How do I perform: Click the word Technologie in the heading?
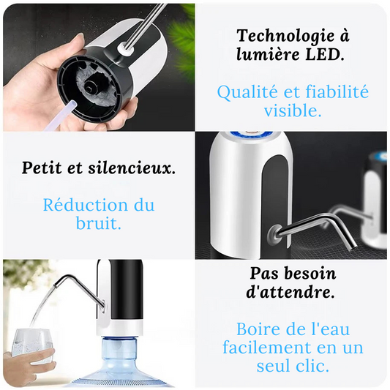pyautogui.click(x=285, y=37)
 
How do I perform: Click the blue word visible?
pyautogui.click(x=293, y=110)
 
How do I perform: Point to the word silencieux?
pyautogui.click(x=132, y=168)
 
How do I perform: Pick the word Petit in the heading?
pyautogui.click(x=42, y=168)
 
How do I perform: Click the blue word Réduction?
pyautogui.click(x=86, y=205)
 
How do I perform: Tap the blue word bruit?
pyautogui.click(x=99, y=223)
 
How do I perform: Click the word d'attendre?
pyautogui.click(x=290, y=292)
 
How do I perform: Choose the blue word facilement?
pyautogui.click(x=267, y=348)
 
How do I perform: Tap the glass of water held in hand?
pyautogui.click(x=32, y=345)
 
